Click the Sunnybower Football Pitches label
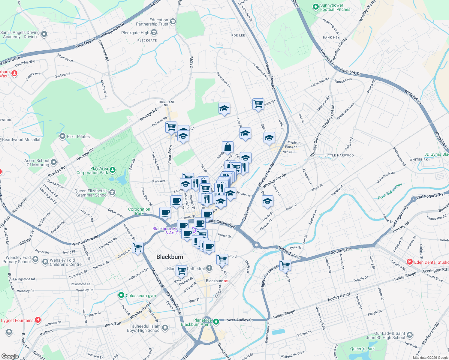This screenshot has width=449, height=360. point(335,7)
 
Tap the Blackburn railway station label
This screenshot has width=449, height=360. point(215,281)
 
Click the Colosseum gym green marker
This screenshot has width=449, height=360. point(121,295)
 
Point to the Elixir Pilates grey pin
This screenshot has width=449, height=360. point(62,136)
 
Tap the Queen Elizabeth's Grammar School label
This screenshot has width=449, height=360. point(91,193)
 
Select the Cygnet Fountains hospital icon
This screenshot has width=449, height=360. point(38,320)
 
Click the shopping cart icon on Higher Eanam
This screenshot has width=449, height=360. point(285,265)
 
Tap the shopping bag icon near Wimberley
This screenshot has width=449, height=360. point(228,147)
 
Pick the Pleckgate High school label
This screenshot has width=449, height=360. point(135,33)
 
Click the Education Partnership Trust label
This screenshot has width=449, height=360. point(152,22)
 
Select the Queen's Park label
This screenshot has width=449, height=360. point(362,349)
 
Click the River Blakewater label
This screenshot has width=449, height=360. point(390,191)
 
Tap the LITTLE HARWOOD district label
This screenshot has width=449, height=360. point(339,155)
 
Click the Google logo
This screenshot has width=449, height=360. point(10,356)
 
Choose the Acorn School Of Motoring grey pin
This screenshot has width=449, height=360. point(54,162)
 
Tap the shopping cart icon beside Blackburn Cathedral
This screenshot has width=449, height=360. point(182,270)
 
